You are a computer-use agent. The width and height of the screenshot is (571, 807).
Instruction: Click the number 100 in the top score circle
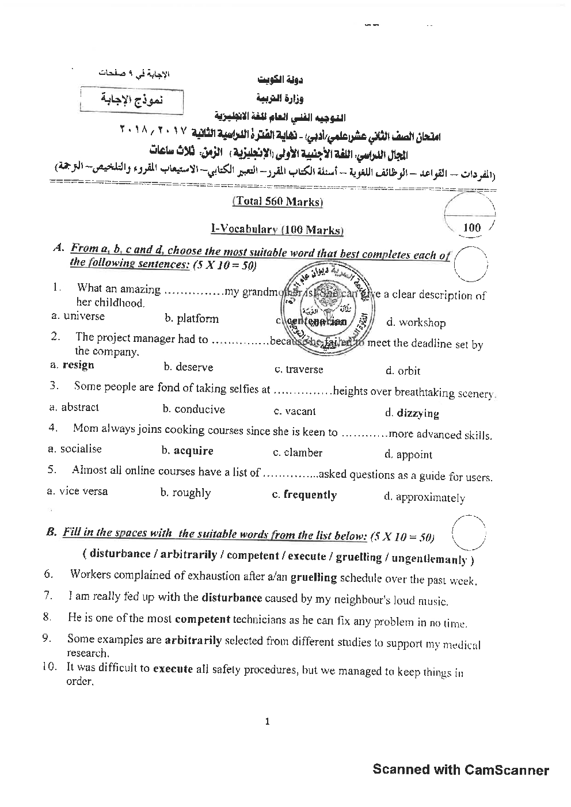pos(471,227)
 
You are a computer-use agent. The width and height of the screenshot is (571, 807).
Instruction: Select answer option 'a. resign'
pos(73,365)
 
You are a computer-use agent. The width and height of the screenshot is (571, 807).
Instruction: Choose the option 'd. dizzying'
pos(412,413)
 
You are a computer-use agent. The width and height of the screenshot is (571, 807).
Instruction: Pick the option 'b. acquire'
pos(188,451)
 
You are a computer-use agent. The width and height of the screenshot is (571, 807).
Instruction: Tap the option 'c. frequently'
pos(304,494)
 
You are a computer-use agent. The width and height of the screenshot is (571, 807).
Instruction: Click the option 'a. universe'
pos(78,316)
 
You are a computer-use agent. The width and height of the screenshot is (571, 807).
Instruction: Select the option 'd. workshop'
pos(416,322)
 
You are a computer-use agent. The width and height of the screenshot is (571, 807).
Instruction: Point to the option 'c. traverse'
pos(299,370)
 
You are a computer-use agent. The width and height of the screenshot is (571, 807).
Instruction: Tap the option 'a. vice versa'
pos(77,491)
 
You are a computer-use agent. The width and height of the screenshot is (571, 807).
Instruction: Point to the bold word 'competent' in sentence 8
pos(202,619)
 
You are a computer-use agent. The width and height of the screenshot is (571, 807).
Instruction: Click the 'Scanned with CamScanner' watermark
pos(460,770)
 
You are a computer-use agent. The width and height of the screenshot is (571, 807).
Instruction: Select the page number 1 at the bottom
pos(267,721)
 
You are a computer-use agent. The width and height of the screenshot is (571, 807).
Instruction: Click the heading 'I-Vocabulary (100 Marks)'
pos(277,230)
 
